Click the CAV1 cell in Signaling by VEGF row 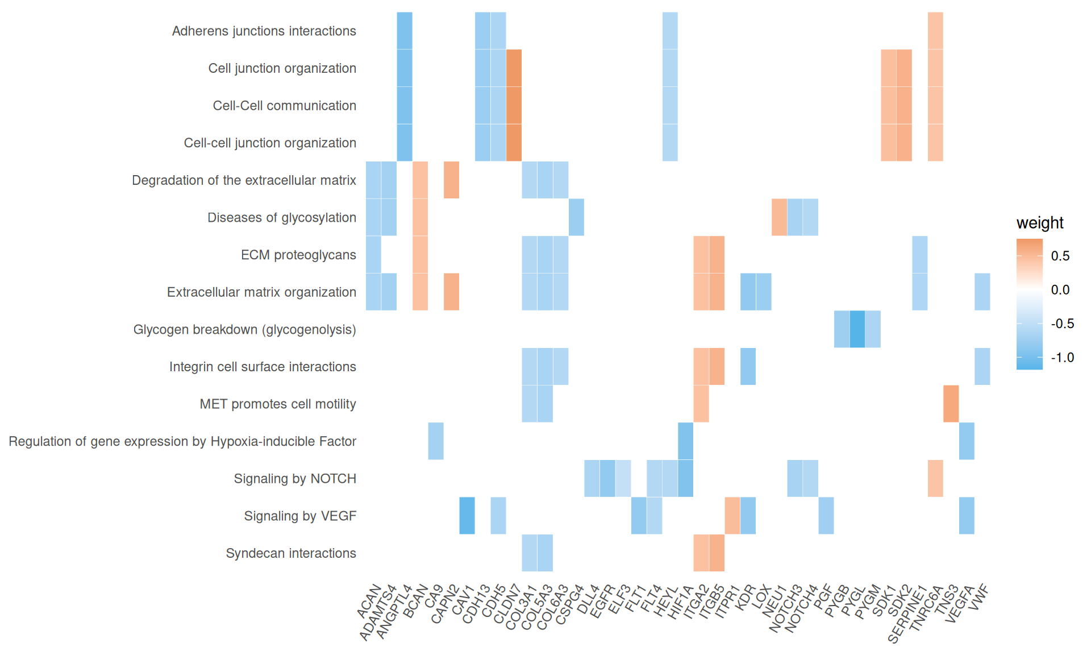pyautogui.click(x=467, y=516)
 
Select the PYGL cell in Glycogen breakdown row pyautogui.click(x=857, y=329)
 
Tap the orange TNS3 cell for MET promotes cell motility pyautogui.click(x=951, y=404)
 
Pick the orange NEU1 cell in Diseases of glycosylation pyautogui.click(x=779, y=217)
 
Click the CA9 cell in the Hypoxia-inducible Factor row pyautogui.click(x=436, y=441)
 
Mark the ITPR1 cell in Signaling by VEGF pyautogui.click(x=732, y=516)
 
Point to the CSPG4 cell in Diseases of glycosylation pyautogui.click(x=576, y=217)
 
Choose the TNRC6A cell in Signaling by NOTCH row pyautogui.click(x=935, y=478)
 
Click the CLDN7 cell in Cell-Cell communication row pyautogui.click(x=514, y=105)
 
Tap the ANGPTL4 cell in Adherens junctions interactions pyautogui.click(x=405, y=31)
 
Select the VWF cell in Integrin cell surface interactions pyautogui.click(x=982, y=367)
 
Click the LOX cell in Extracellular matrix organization pyautogui.click(x=764, y=292)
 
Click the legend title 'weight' pyautogui.click(x=1039, y=223)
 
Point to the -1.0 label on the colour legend pyautogui.click(x=1062, y=358)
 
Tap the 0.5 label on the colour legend pyautogui.click(x=1060, y=256)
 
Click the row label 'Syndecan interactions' pyautogui.click(x=291, y=553)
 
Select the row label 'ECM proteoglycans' pyautogui.click(x=298, y=255)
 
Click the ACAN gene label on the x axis pyautogui.click(x=369, y=602)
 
